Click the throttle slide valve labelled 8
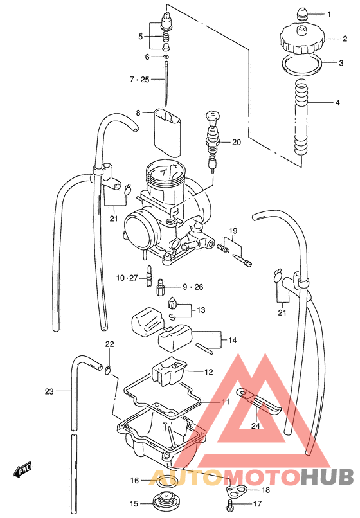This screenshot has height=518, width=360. pos(168,132)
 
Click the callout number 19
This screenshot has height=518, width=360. pos(233,231)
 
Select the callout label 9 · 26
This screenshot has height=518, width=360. pos(192,287)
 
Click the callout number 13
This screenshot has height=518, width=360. pos(201,310)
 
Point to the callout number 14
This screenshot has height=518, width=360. pos(232,340)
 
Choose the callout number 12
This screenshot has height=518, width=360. pos(208,372)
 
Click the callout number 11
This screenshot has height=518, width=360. pos(225,402)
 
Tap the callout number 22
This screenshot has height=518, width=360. pos(109,344)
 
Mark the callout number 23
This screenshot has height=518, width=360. pos(49,390)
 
